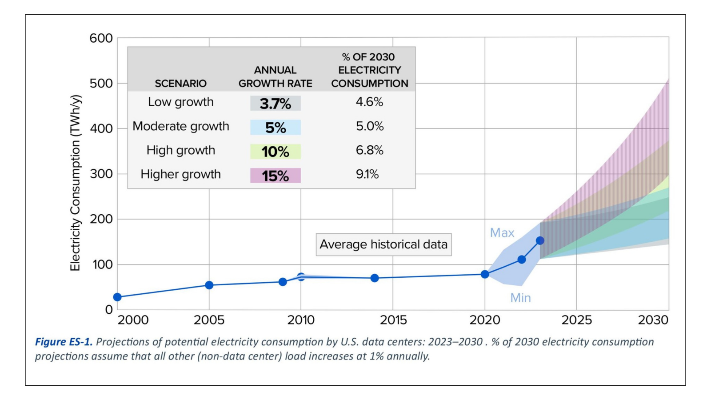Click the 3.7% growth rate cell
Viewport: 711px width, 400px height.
[275, 104]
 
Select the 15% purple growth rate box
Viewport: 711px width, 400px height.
[275, 176]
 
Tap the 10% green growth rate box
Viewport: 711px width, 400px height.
[275, 152]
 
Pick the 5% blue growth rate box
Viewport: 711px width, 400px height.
[275, 128]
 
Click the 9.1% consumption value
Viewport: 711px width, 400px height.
[367, 174]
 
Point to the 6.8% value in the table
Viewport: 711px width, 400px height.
[369, 150]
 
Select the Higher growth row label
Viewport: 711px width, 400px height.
[180, 174]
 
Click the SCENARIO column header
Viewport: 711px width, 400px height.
[180, 84]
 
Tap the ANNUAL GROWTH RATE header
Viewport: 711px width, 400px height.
[275, 77]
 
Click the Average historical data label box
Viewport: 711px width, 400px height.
[383, 244]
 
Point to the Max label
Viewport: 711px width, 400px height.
[502, 233]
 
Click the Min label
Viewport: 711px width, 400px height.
[520, 298]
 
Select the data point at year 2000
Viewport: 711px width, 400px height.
[117, 297]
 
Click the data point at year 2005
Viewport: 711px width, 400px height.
[209, 285]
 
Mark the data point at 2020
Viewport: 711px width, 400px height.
[485, 274]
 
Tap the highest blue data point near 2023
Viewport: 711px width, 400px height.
[540, 240]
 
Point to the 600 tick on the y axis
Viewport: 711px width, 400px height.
[101, 38]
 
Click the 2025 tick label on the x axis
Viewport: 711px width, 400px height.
[576, 320]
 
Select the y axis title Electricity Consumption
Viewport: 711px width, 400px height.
[76, 183]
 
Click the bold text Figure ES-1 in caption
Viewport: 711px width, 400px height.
[64, 342]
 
